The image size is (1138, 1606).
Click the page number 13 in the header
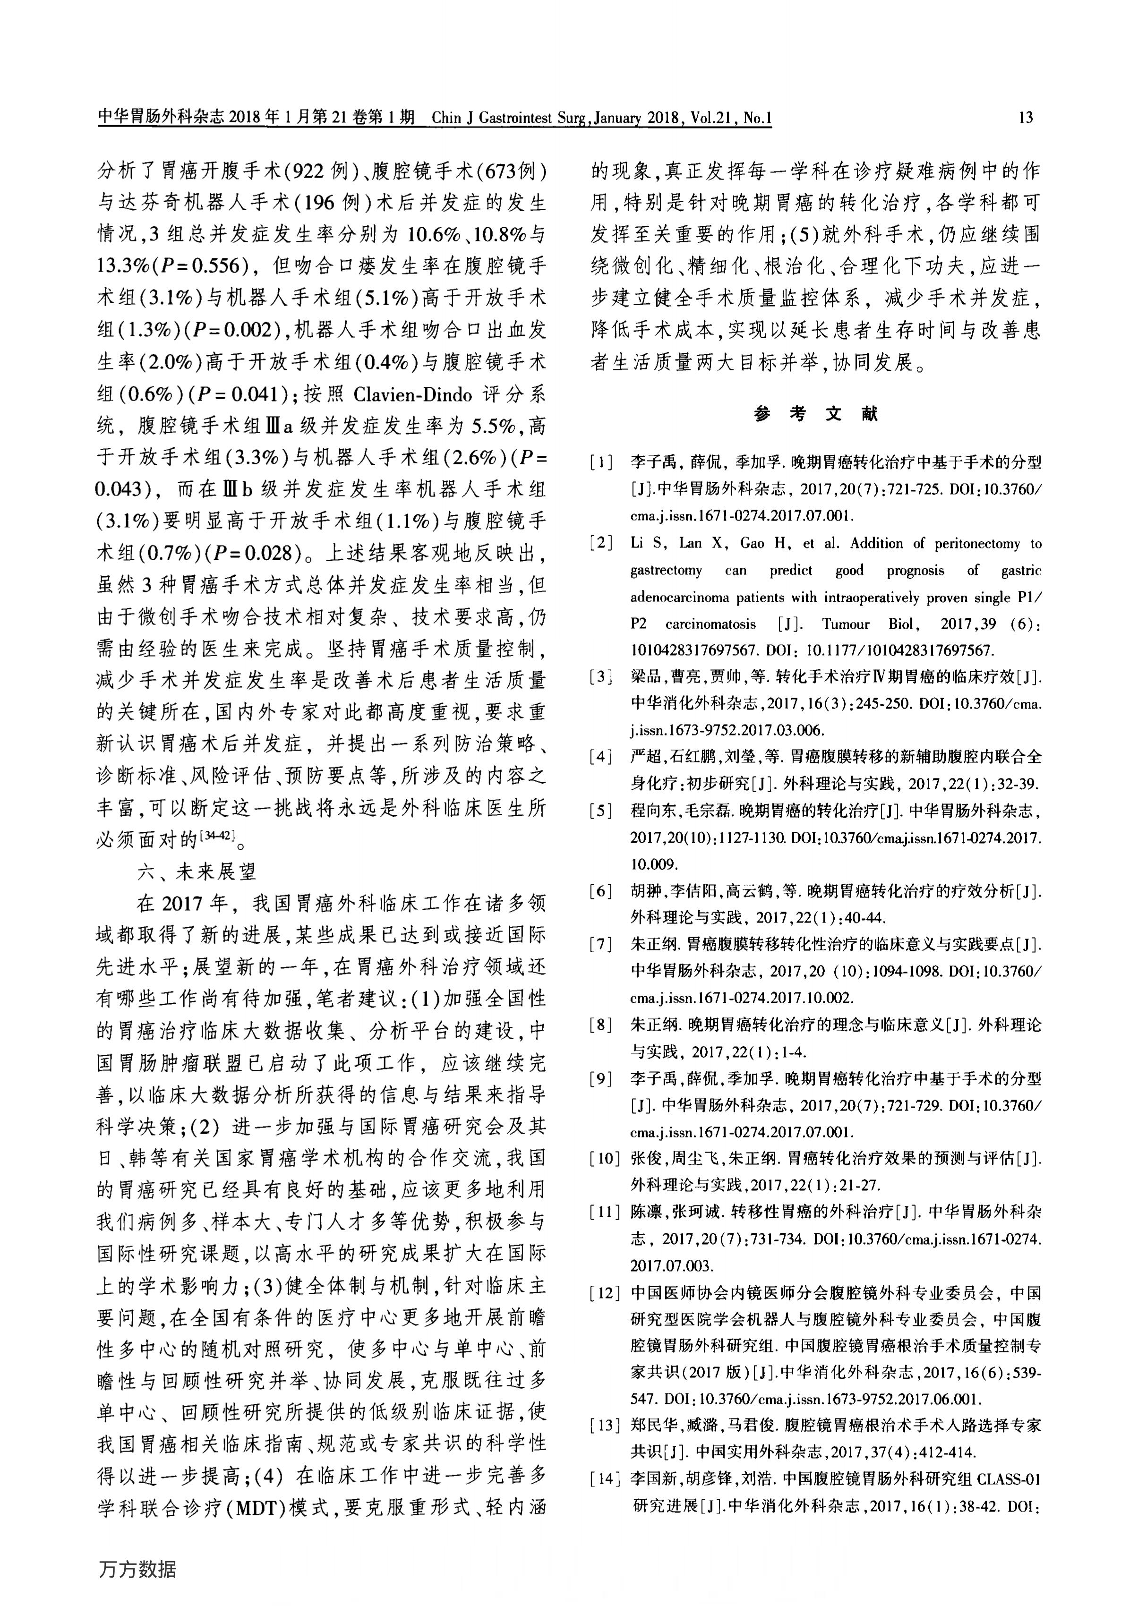click(x=1025, y=118)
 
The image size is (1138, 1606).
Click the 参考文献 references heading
click(x=816, y=414)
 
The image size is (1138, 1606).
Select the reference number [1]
click(x=601, y=462)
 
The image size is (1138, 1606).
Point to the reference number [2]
click(x=601, y=544)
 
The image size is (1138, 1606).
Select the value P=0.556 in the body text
click(x=200, y=266)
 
